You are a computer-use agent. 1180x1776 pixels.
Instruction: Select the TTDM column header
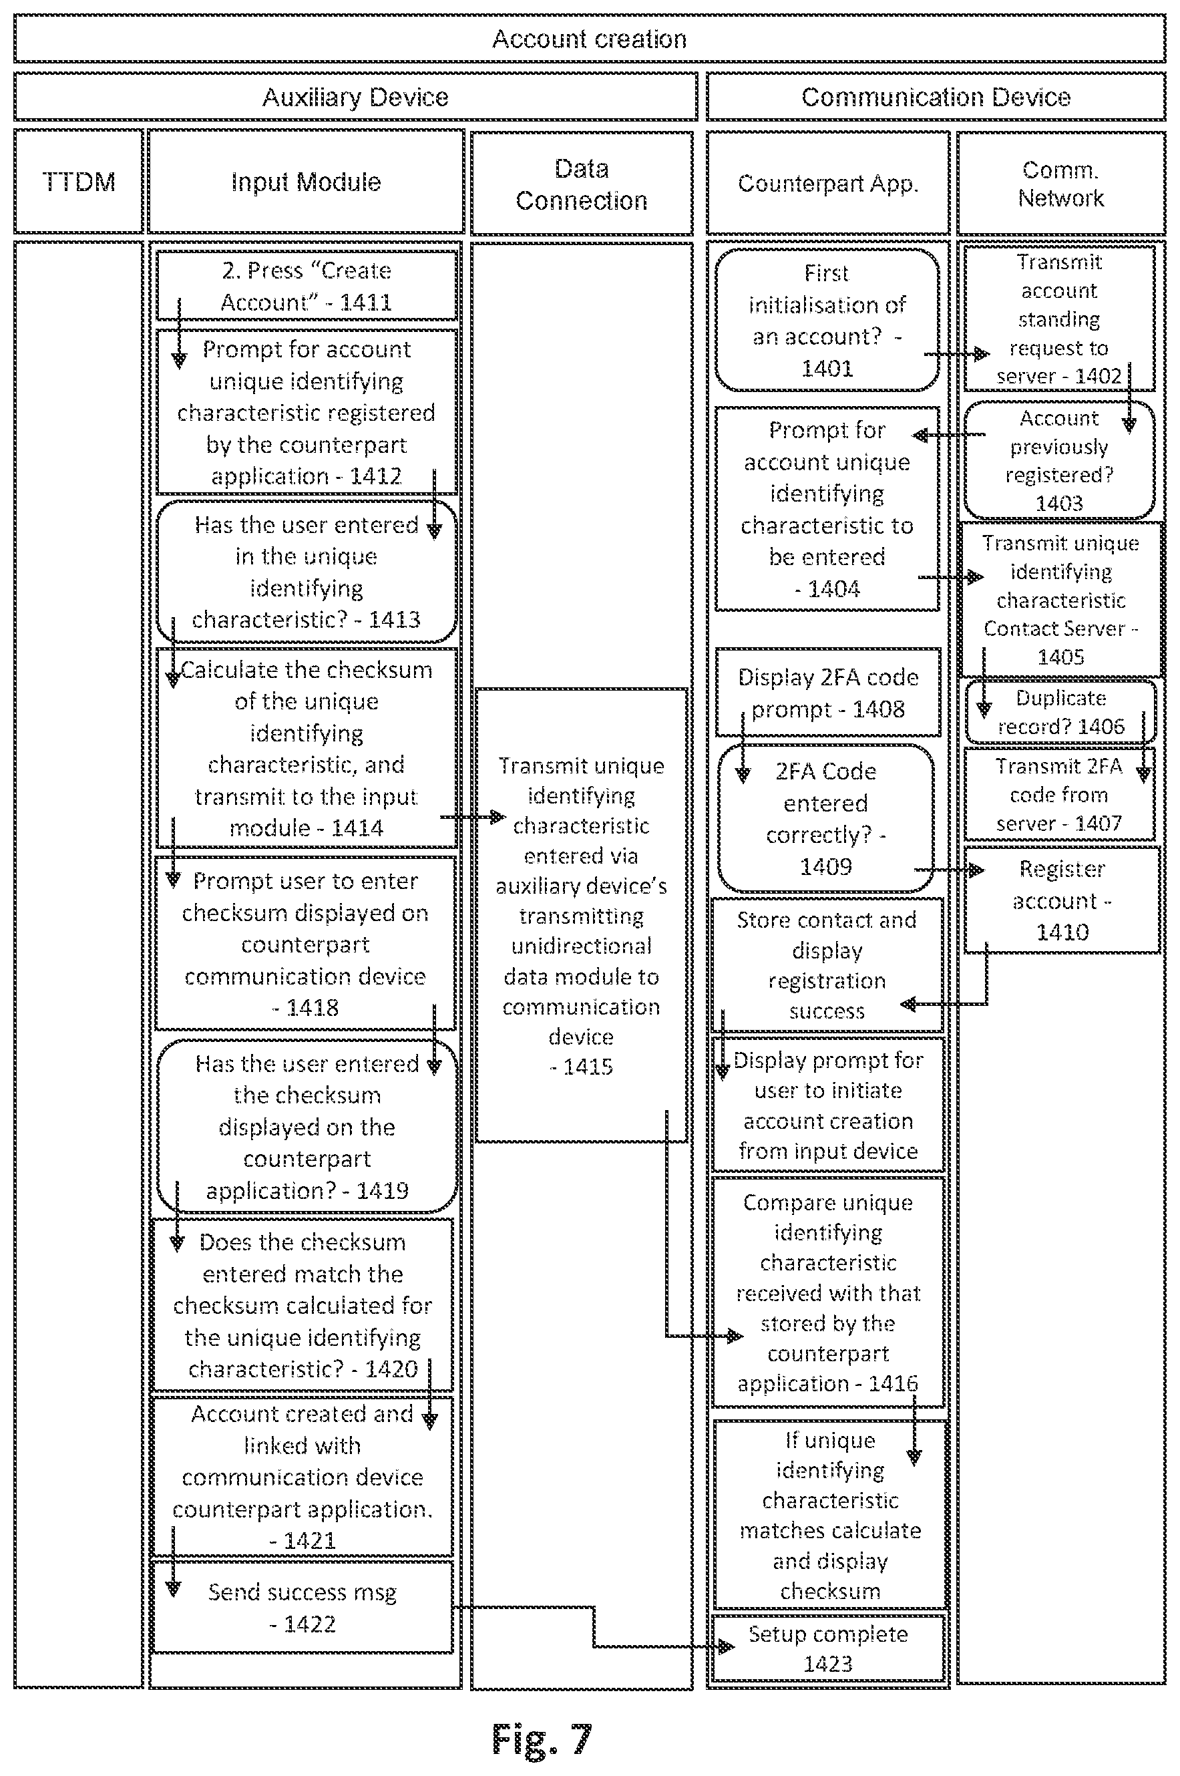tap(78, 182)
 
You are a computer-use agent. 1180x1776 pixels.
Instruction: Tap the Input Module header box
tap(306, 182)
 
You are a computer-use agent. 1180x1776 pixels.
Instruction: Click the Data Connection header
tap(582, 184)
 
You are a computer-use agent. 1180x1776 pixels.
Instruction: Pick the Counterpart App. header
tap(828, 184)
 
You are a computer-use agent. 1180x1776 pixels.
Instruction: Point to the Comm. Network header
tap(1061, 184)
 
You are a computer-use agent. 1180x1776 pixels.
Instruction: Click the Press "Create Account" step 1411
tap(307, 286)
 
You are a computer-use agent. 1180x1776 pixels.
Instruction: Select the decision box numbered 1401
tap(827, 320)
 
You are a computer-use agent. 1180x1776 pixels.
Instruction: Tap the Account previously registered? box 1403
tap(1059, 460)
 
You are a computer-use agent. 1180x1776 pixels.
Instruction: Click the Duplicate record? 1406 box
tap(1060, 711)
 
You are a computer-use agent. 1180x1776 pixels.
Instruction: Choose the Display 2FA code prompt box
tap(828, 693)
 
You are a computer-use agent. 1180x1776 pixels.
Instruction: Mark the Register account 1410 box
tap(1062, 900)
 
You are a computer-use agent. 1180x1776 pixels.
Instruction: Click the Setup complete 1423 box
tap(828, 1648)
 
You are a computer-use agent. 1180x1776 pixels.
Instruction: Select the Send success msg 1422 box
tap(303, 1606)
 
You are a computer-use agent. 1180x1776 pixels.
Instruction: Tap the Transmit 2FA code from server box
tap(1059, 794)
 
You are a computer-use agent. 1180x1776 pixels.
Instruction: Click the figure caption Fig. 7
tap(542, 1739)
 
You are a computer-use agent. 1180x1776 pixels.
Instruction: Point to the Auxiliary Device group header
tap(355, 97)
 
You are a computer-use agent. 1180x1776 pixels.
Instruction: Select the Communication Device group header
tap(936, 97)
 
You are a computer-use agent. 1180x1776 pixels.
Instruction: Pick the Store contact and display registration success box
tap(827, 964)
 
